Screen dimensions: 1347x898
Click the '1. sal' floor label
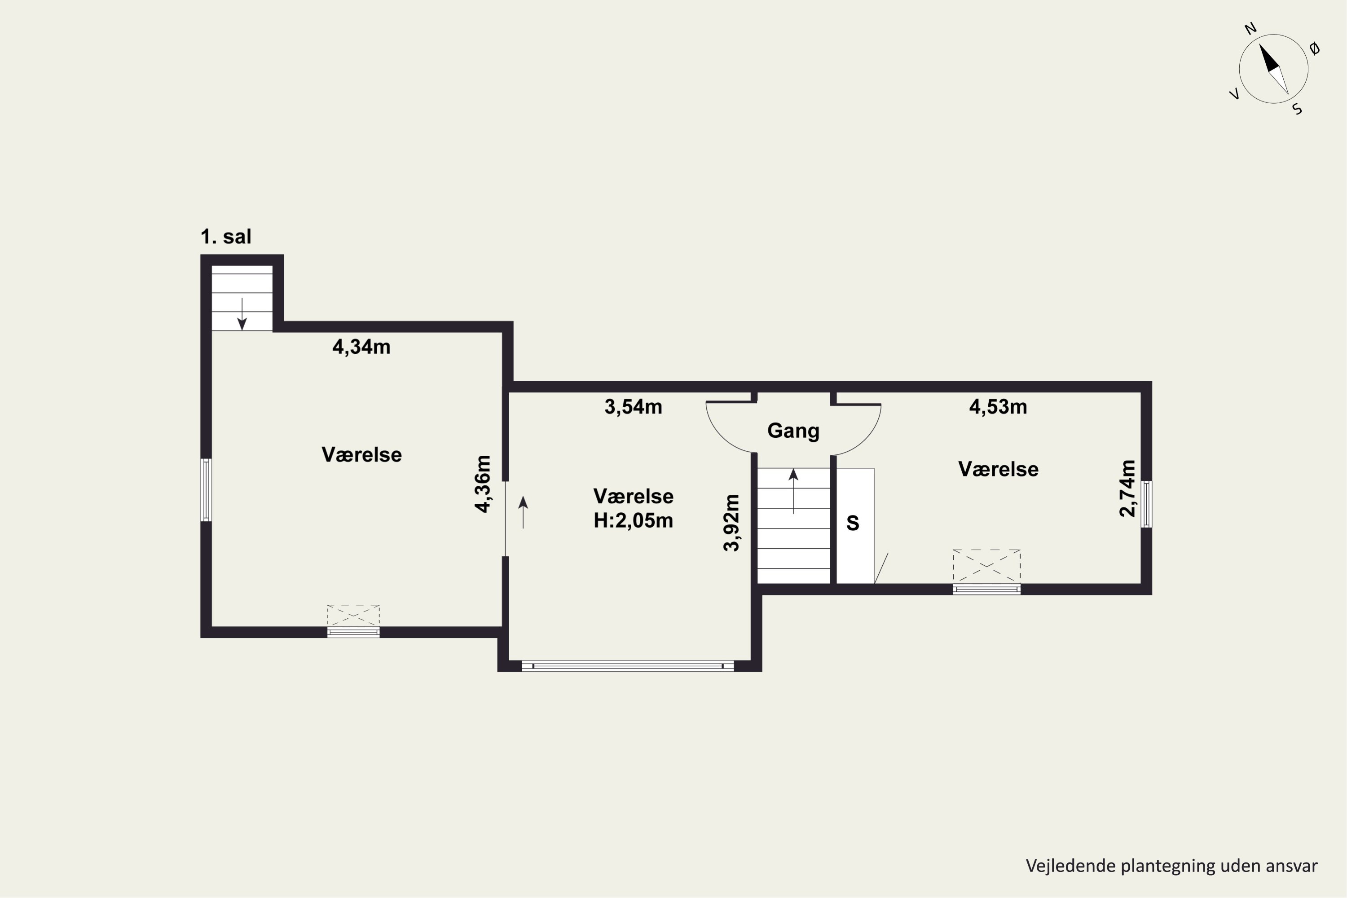tap(226, 237)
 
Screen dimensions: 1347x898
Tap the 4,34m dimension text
tap(361, 347)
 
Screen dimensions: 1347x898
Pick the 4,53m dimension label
tap(998, 407)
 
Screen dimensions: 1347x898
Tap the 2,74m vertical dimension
tap(1127, 489)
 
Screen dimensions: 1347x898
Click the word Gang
tap(793, 431)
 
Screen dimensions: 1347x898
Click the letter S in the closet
tap(853, 523)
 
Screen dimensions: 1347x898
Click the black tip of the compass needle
tap(1260, 44)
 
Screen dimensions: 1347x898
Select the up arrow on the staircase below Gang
tap(793, 491)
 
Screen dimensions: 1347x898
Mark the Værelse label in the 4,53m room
tap(998, 469)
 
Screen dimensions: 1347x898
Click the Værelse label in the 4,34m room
tap(361, 455)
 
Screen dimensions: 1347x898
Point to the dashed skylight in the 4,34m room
tap(353, 616)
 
